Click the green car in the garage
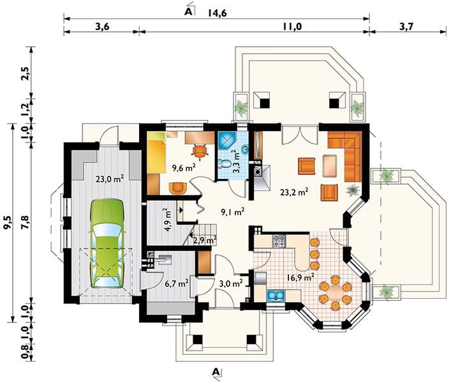(x=107, y=243)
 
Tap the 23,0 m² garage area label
(x=110, y=179)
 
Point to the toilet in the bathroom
(x=225, y=164)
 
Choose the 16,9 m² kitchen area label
(x=300, y=278)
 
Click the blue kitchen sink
(x=276, y=296)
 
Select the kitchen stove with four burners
(x=279, y=241)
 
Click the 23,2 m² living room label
(x=295, y=192)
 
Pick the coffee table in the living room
(x=330, y=166)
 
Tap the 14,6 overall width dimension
(x=217, y=13)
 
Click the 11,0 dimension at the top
(x=292, y=27)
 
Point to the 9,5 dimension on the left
(x=9, y=223)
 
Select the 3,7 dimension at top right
(x=406, y=27)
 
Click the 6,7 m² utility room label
(x=177, y=284)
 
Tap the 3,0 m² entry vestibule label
(x=231, y=283)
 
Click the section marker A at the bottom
(x=216, y=372)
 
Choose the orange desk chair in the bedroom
(x=200, y=151)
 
